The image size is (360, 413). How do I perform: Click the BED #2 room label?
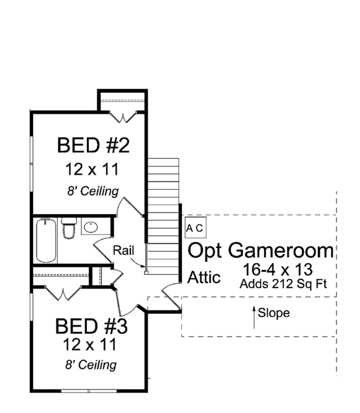click(94, 145)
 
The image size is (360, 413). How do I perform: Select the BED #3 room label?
click(91, 327)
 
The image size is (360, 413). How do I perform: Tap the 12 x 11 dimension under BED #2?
click(94, 169)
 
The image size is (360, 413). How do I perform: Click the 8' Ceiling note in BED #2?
click(92, 191)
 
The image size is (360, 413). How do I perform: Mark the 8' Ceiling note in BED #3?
click(91, 364)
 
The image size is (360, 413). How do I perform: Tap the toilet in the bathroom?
click(69, 229)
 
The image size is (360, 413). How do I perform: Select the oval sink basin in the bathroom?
click(91, 228)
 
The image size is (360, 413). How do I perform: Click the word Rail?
click(124, 250)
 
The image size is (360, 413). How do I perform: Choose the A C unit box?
click(196, 228)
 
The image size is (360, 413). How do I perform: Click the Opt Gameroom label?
click(261, 250)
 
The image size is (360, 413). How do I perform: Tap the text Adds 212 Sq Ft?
click(283, 283)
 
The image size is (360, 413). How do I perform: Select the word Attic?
click(205, 278)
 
